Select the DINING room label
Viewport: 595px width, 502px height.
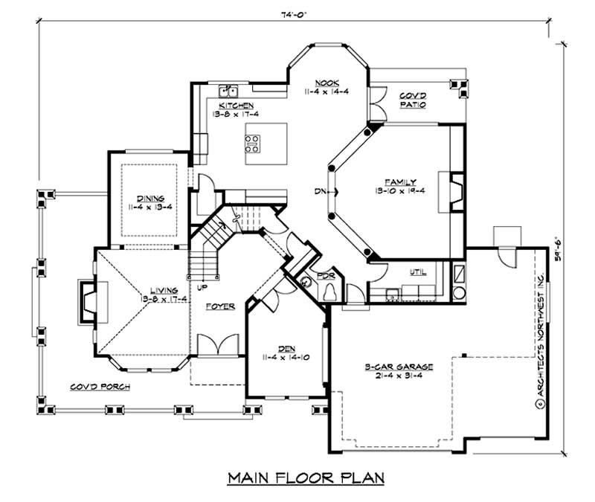pos(149,199)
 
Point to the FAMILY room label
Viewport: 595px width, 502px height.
pos(400,182)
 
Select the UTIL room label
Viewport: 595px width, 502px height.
pos(418,272)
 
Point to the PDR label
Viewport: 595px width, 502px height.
pos(326,275)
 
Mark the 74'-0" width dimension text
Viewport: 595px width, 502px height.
pos(295,13)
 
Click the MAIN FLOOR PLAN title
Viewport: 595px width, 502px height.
pos(306,477)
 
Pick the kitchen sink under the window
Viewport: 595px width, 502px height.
pos(228,91)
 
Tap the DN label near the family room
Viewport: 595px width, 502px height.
pos(320,193)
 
